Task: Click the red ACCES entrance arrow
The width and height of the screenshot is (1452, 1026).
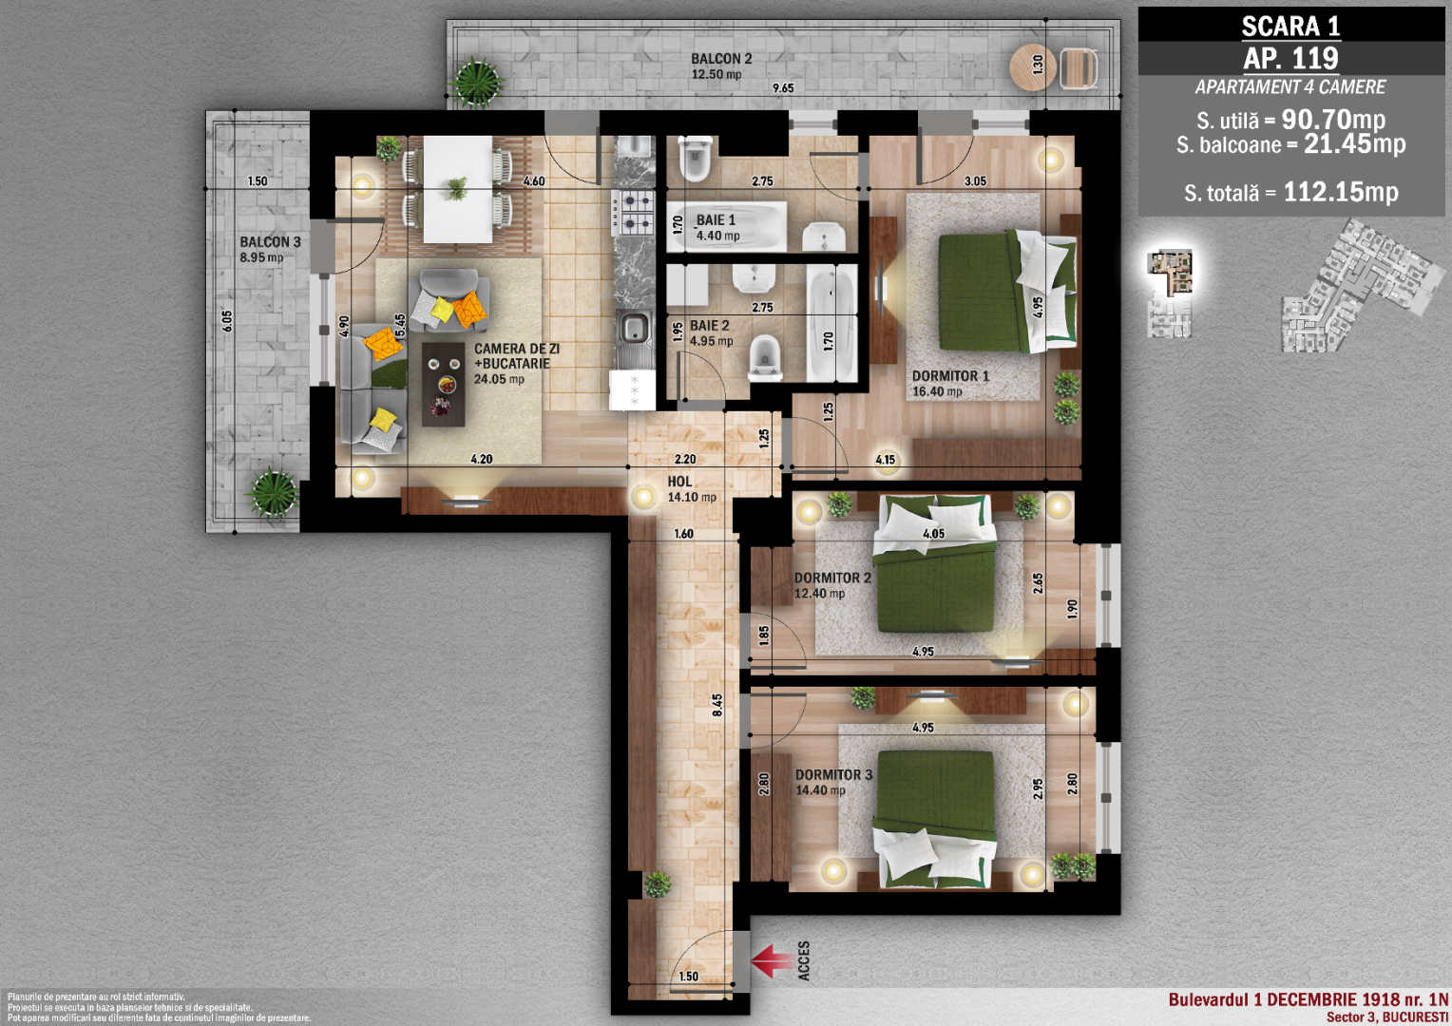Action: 773,960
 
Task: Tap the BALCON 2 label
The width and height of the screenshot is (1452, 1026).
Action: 721,59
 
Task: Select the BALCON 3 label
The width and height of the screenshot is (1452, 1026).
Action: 270,241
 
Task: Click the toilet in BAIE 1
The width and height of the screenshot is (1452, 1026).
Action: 695,158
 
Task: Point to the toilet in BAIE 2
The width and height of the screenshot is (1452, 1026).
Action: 766,357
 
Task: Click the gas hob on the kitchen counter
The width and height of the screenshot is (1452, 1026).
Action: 633,212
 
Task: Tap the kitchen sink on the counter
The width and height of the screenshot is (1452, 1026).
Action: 635,328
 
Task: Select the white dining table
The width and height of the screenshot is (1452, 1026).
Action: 458,189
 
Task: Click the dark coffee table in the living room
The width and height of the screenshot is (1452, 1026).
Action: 444,385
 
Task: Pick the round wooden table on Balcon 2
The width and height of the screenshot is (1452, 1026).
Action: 1033,66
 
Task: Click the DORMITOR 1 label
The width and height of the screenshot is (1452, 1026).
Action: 950,376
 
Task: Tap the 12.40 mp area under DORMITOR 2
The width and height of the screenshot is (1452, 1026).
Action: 819,593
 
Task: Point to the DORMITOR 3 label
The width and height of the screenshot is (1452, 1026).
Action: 833,774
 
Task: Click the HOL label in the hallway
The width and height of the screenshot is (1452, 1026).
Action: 680,482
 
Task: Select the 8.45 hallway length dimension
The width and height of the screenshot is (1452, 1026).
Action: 716,705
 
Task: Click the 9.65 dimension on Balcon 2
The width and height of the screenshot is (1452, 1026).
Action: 783,88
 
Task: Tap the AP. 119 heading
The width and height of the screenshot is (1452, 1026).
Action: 1290,58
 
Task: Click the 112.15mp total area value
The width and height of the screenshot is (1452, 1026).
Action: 1341,192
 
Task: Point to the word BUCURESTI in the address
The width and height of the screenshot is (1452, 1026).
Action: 1415,1017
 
